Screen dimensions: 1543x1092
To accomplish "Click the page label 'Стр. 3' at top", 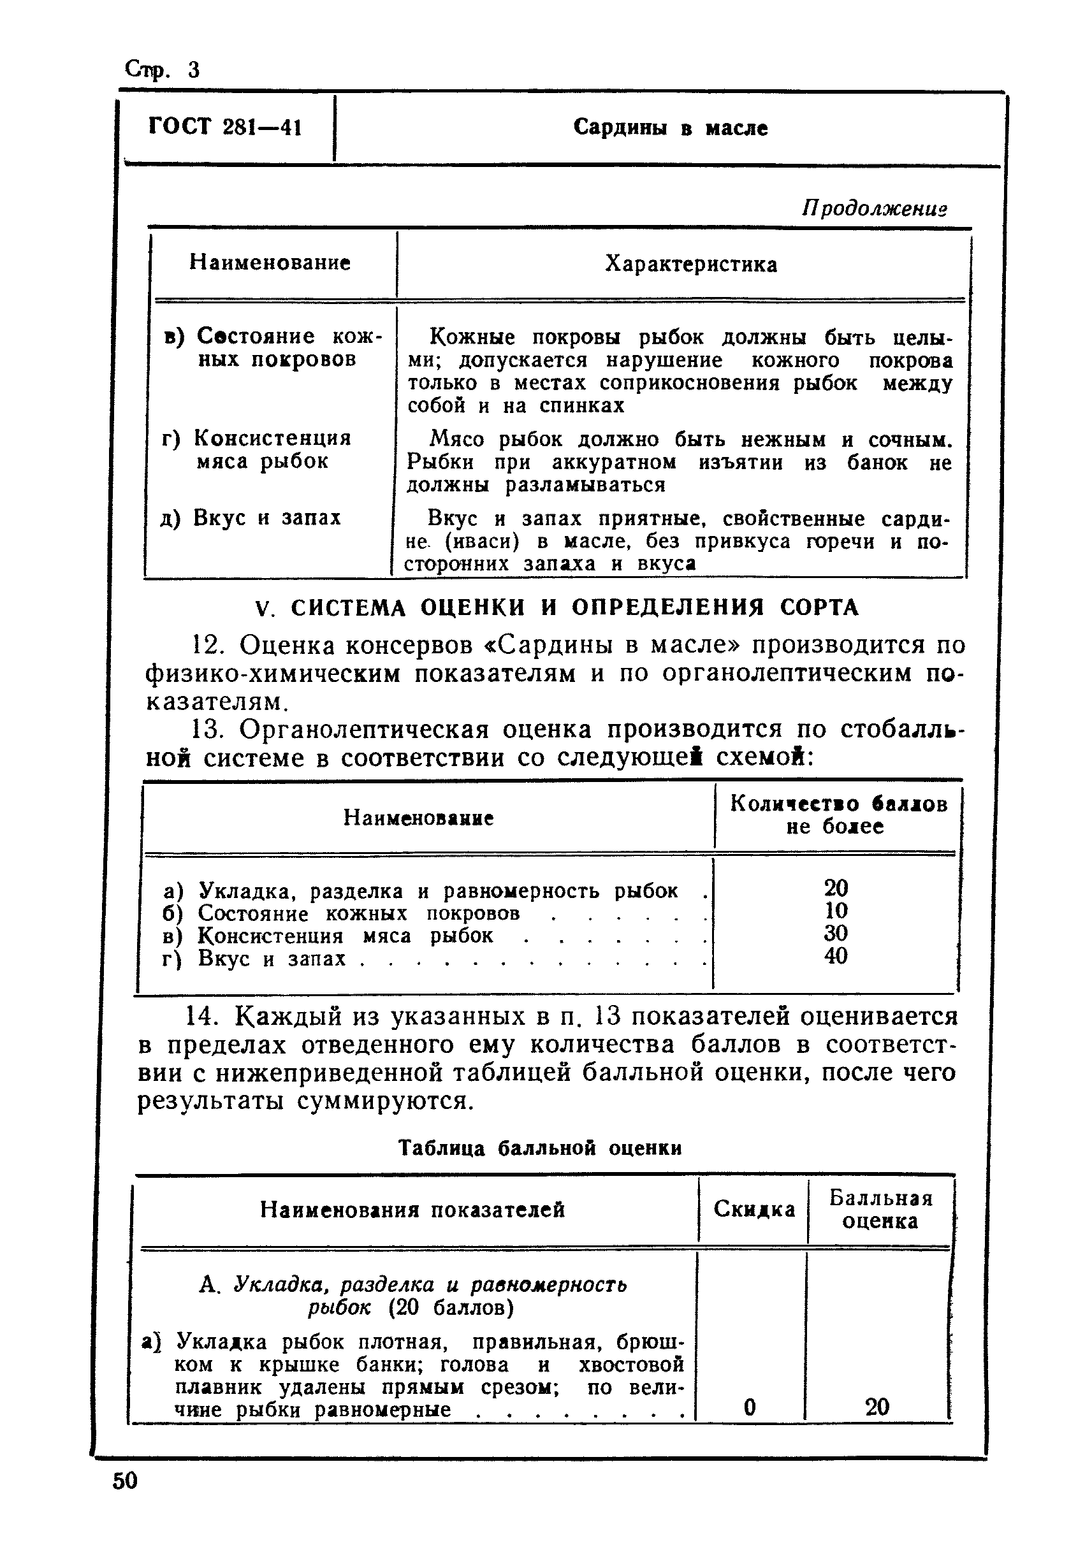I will click(x=162, y=69).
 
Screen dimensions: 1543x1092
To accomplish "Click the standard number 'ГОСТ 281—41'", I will click(x=224, y=127).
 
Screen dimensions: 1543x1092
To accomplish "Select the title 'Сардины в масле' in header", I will click(x=670, y=127).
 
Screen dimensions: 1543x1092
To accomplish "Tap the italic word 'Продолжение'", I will click(x=874, y=208).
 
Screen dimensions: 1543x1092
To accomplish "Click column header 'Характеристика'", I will click(x=690, y=265).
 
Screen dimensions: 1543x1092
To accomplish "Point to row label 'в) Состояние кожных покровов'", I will click(x=273, y=347).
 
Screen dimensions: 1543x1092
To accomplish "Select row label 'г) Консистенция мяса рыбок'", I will click(x=258, y=450).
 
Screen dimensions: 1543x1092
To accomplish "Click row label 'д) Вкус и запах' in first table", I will click(x=251, y=518).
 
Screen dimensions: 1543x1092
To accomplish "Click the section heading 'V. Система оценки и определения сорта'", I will click(x=557, y=608).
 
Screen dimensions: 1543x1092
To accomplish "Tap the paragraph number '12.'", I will click(x=207, y=646).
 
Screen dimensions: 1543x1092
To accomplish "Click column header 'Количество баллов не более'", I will click(x=838, y=815).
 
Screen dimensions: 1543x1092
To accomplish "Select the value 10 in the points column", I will click(x=835, y=911).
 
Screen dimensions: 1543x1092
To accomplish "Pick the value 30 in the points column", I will click(x=835, y=933).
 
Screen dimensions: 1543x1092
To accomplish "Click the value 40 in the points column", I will click(x=835, y=955).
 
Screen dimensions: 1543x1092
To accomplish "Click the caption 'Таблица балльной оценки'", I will click(x=540, y=1148).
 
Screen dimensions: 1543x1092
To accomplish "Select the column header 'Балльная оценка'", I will click(x=880, y=1209).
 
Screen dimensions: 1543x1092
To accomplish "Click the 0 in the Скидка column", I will click(x=750, y=1407).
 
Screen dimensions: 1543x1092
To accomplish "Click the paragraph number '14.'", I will click(x=201, y=1017).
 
